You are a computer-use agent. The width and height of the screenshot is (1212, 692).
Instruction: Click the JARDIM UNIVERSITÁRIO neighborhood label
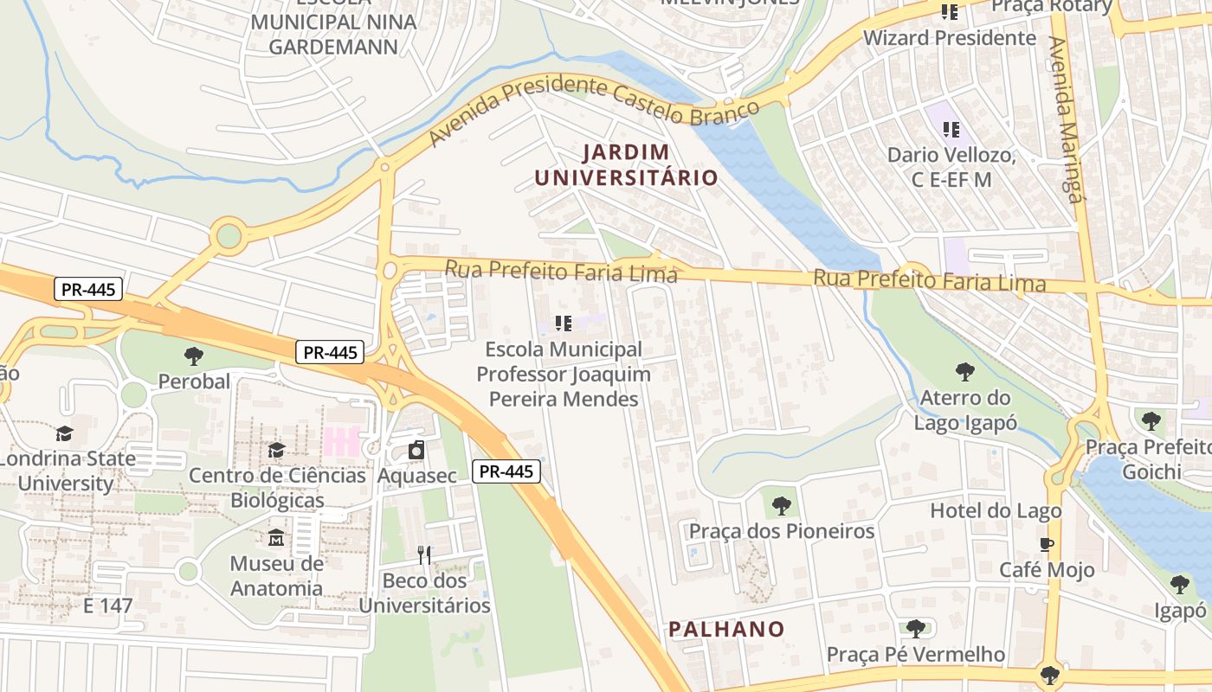pos(626,165)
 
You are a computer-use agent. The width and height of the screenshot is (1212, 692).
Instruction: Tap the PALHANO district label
pos(726,630)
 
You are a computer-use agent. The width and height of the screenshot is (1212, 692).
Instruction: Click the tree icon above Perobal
pos(194,356)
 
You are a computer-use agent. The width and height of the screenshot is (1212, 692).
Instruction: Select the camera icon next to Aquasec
pos(416,451)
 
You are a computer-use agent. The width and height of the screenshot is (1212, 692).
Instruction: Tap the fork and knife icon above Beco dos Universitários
pos(424,555)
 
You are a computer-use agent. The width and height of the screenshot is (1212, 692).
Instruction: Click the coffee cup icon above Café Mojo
pos(1047,545)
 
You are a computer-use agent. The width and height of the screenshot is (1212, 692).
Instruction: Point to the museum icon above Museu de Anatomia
pos(276,538)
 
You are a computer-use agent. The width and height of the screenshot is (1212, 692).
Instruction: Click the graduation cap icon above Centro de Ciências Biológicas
pos(276,450)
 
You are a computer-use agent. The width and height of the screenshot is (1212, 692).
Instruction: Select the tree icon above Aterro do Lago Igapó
pos(964,373)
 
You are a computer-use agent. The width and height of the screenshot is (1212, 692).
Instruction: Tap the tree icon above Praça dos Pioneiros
pos(781,505)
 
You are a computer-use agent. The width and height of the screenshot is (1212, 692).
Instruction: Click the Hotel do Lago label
pos(996,511)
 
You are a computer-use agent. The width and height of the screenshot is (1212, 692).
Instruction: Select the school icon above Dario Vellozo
pos(951,130)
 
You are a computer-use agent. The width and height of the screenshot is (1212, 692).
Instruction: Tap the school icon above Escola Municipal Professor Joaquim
pos(564,324)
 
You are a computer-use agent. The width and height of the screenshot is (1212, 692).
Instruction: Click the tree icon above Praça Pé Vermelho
pos(916,629)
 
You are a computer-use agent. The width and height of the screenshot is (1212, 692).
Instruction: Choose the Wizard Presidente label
pos(950,38)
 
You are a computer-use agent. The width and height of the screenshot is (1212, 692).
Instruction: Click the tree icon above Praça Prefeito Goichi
pos(1151,421)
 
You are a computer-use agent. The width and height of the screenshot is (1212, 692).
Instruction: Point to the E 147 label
pos(108,605)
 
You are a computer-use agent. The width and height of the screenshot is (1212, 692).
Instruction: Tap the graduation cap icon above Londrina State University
pos(65,433)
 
